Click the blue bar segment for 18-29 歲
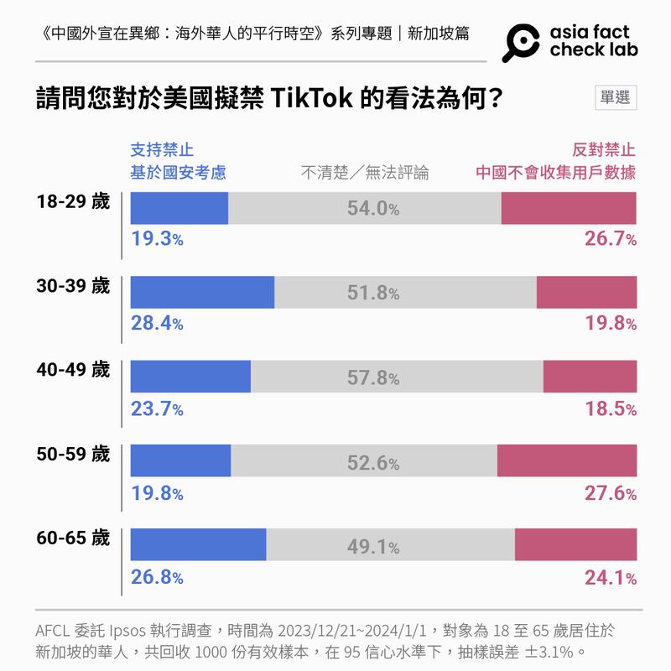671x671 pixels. click(x=179, y=208)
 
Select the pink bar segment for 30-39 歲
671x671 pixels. click(x=586, y=292)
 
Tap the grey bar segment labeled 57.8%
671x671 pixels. click(x=397, y=377)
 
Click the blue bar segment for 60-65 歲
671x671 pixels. click(x=199, y=545)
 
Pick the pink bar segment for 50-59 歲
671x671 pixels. click(x=567, y=460)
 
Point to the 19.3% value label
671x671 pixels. click(x=157, y=239)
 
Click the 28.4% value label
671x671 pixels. click(x=157, y=323)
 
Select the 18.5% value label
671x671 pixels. click(x=610, y=408)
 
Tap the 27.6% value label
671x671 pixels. click(x=610, y=493)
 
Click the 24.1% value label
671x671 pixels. click(x=610, y=577)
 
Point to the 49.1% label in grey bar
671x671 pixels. click(x=373, y=547)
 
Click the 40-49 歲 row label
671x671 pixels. click(x=73, y=370)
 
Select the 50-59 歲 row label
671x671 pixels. click(x=73, y=454)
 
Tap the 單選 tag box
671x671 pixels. click(x=615, y=97)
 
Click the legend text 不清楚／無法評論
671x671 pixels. click(x=365, y=173)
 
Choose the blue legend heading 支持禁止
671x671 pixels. click(x=162, y=150)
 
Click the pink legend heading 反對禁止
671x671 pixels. click(x=604, y=150)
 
